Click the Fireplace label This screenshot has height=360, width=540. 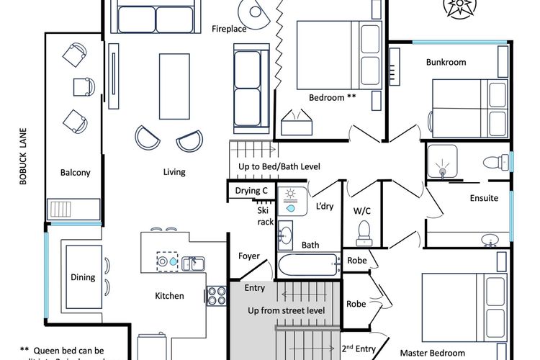(229, 30)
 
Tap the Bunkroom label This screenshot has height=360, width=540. (446, 63)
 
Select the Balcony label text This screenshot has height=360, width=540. (75, 173)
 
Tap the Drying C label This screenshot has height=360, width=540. (251, 191)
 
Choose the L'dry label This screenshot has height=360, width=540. (325, 207)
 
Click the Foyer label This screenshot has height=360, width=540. (249, 256)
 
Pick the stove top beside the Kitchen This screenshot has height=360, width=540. (217, 295)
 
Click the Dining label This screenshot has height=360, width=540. (83, 277)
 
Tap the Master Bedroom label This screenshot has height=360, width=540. (432, 353)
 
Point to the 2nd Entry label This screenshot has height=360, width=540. (359, 349)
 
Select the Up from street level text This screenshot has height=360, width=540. (287, 311)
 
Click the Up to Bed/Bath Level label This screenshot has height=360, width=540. (279, 167)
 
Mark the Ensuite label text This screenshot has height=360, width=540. (484, 199)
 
